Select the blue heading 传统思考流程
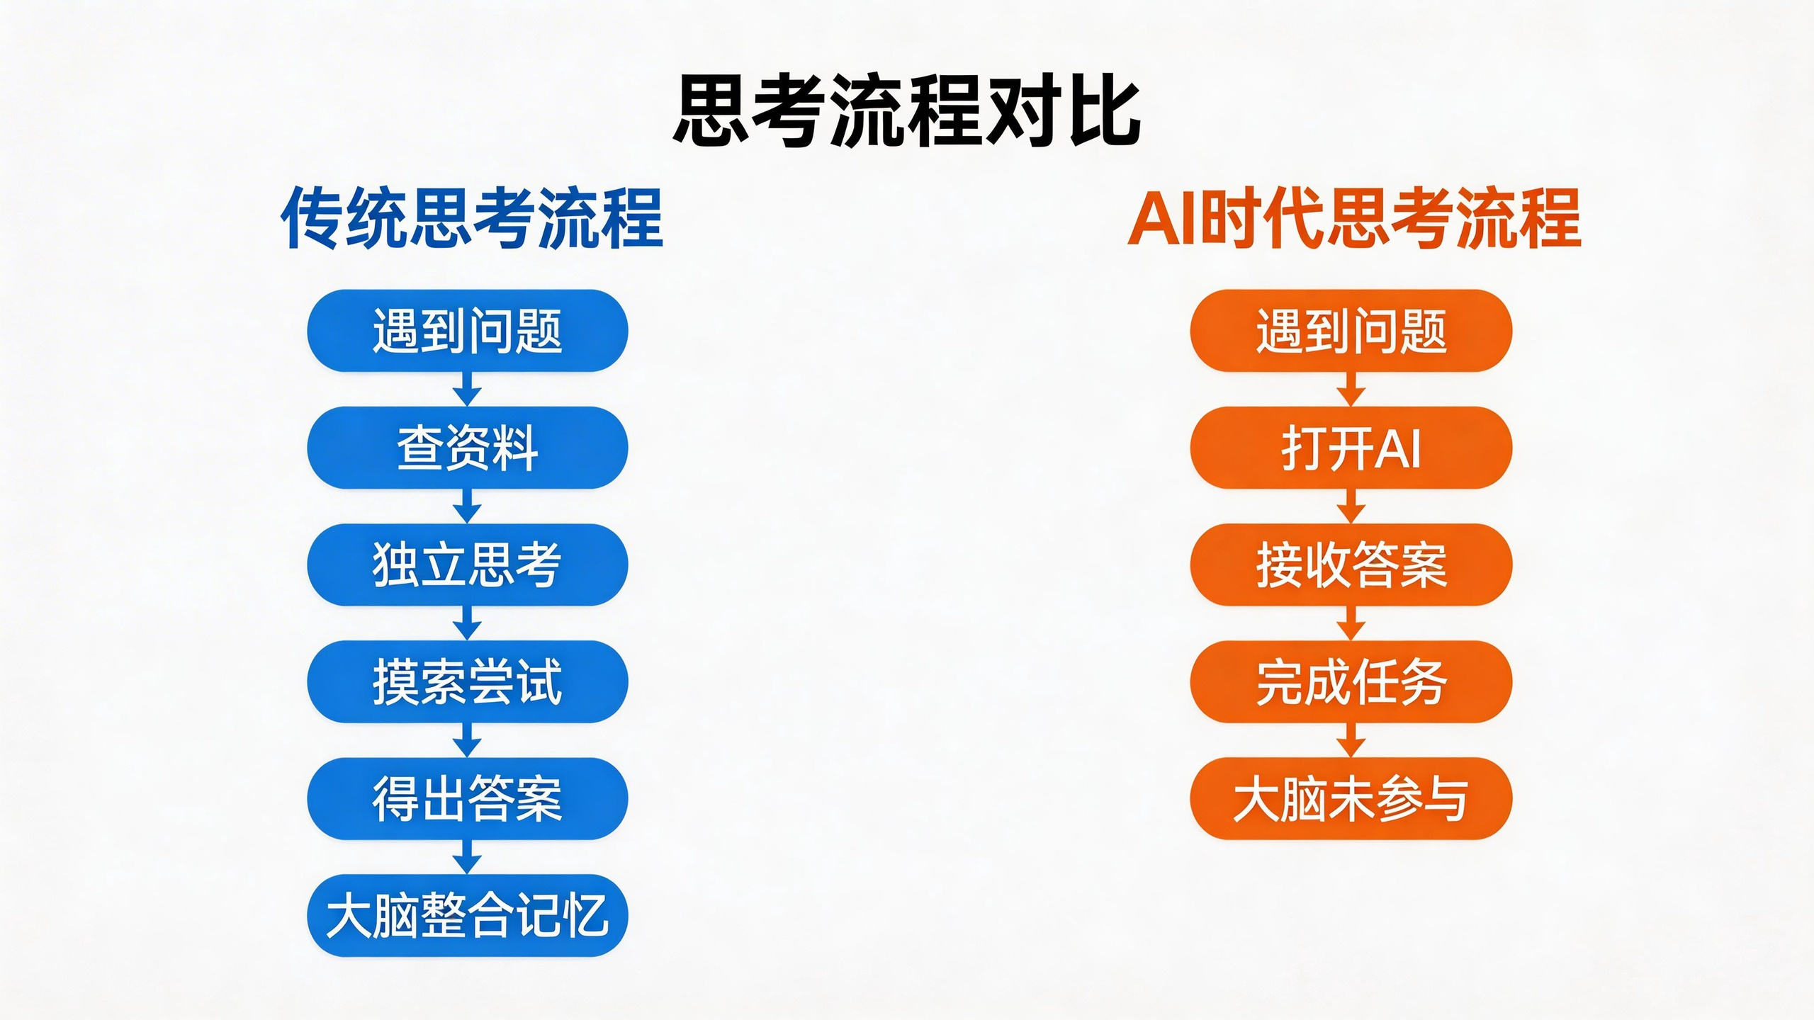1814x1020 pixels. point(472,218)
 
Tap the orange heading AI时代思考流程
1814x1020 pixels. point(1354,218)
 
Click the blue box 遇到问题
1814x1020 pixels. point(468,331)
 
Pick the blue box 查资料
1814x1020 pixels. point(468,448)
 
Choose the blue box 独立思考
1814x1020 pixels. point(468,565)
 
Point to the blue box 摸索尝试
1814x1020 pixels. point(468,681)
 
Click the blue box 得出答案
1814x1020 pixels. point(468,798)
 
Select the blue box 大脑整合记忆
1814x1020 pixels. point(468,916)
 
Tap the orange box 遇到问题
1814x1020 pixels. point(1351,331)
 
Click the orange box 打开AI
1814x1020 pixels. point(1351,448)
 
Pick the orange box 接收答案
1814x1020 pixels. point(1351,565)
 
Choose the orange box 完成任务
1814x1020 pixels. point(1351,681)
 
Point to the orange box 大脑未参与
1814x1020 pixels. point(1351,798)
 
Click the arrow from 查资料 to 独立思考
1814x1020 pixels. point(467,506)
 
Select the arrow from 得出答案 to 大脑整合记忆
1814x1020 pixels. point(467,857)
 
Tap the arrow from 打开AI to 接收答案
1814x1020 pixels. point(1351,506)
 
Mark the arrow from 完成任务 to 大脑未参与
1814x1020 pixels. point(1351,740)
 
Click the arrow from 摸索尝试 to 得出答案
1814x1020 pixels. point(467,740)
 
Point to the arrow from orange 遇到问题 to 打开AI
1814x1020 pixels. point(1351,390)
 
